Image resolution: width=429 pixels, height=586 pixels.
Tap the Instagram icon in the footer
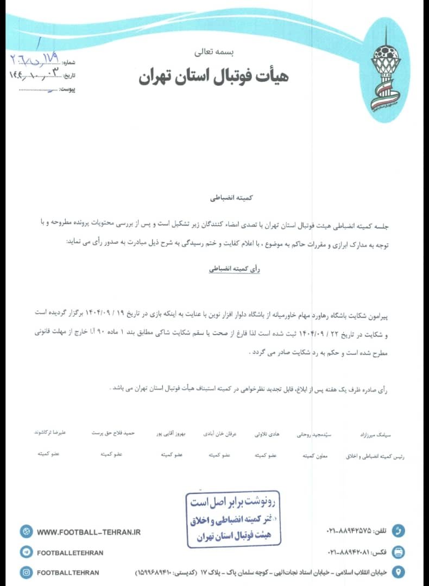pos(26,572)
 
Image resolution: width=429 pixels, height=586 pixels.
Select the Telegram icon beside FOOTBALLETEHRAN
pos(26,552)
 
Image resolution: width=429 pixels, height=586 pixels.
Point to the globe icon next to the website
pos(26,532)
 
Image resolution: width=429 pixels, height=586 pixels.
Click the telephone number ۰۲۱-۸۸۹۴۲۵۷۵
pos(349,530)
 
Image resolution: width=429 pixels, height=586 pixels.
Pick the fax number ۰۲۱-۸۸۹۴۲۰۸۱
pos(349,552)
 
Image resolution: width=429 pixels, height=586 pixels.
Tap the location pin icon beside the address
pos(399,572)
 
